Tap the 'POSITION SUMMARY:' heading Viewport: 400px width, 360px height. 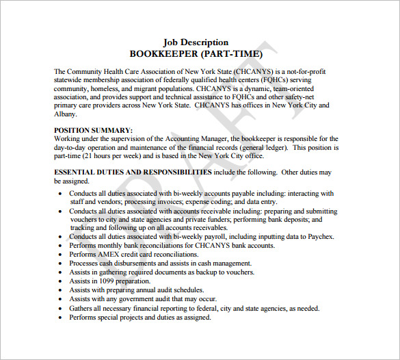[93, 130]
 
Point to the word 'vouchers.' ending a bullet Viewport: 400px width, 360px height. [239, 272]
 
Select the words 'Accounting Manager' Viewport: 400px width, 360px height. [195, 139]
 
